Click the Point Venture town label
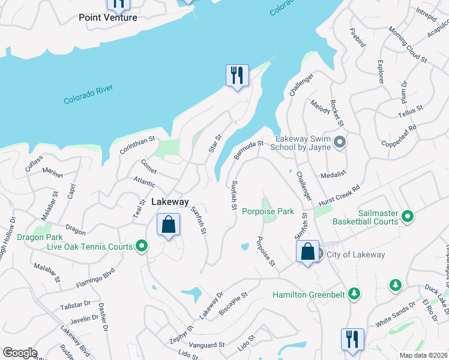click(x=108, y=17)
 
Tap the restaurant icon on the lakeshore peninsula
click(x=237, y=76)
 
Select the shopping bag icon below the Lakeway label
click(x=169, y=225)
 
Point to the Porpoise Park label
click(x=268, y=211)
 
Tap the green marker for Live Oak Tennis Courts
click(x=142, y=245)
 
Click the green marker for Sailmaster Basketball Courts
click(x=408, y=216)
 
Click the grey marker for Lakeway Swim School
click(x=340, y=142)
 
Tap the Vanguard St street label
click(x=206, y=345)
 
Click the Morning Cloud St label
click(x=407, y=45)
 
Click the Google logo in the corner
click(x=20, y=352)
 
